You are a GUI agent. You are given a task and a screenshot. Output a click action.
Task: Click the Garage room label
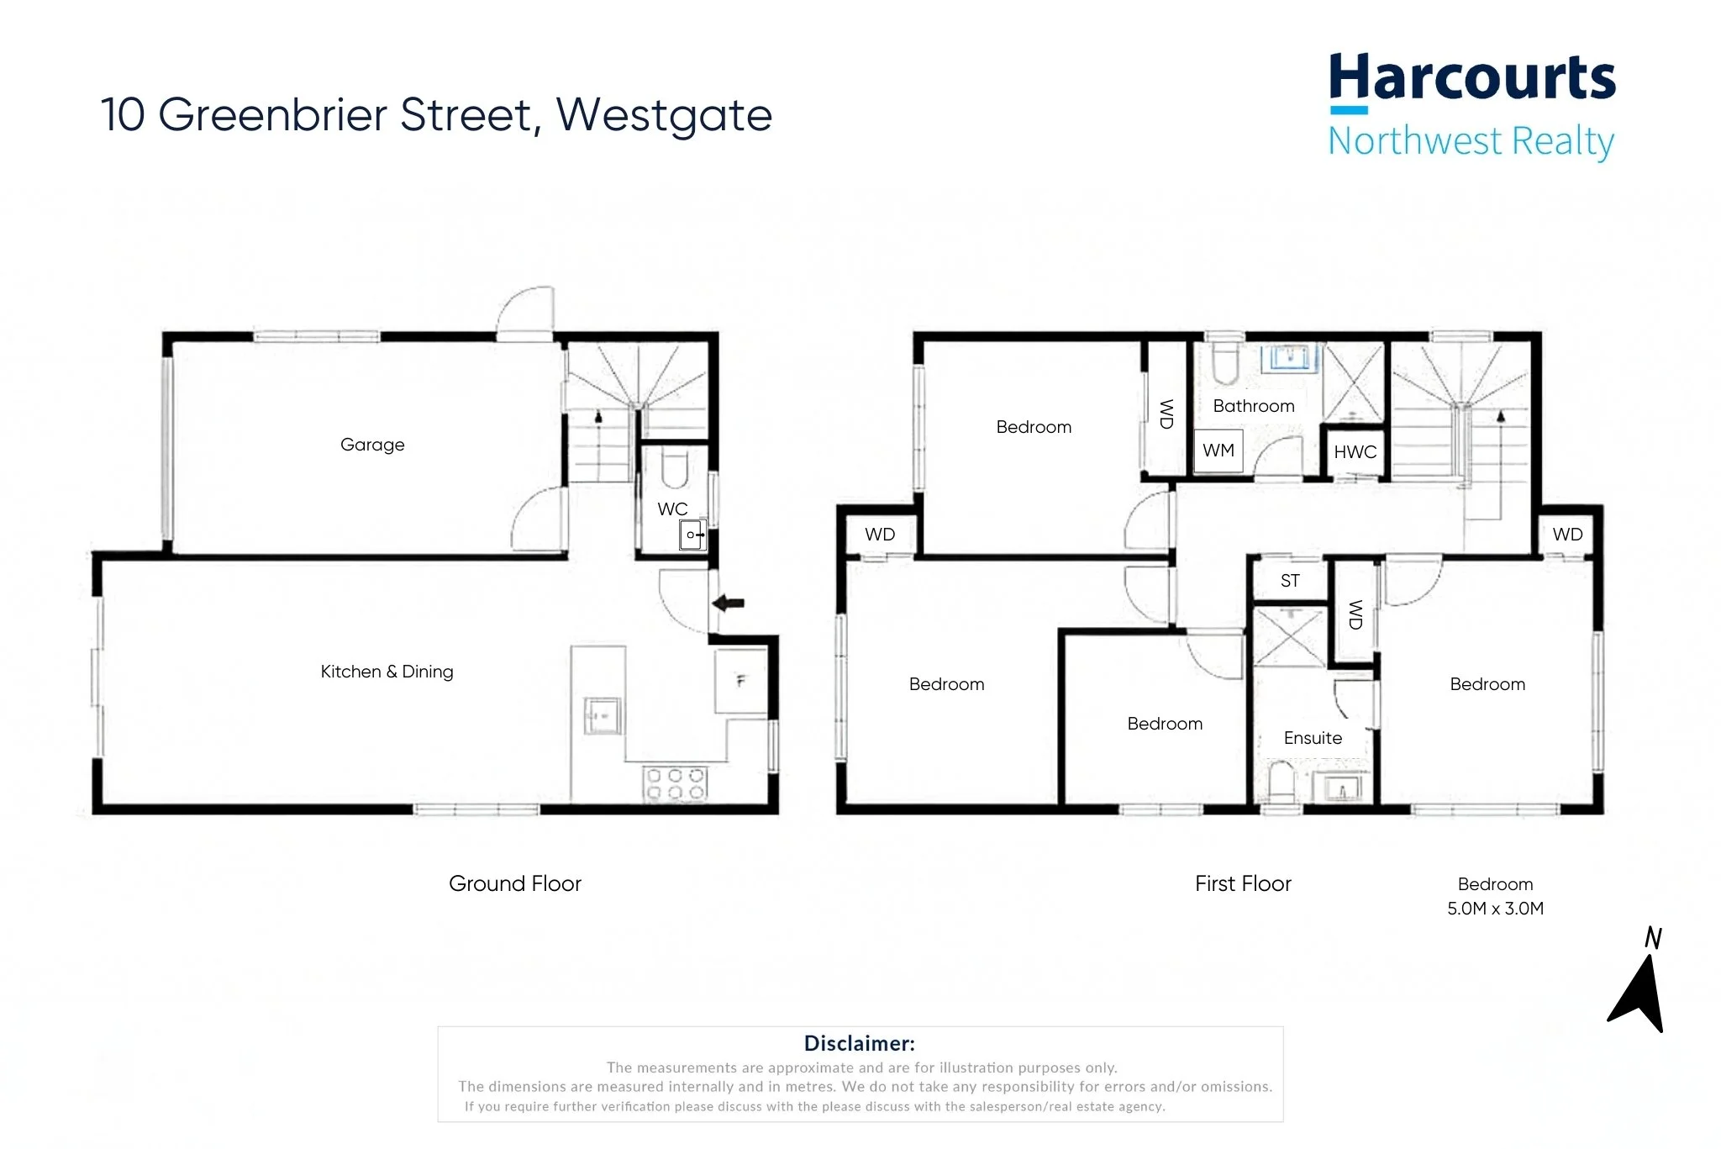[x=372, y=445]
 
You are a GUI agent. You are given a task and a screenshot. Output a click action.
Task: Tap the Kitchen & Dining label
[x=387, y=672]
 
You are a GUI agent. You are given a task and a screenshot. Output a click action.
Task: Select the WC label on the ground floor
[x=672, y=509]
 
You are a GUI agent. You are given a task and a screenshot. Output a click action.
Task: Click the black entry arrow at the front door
[x=728, y=603]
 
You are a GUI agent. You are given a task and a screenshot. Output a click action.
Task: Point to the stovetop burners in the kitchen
[x=675, y=784]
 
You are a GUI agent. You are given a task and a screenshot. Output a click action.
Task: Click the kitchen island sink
[x=603, y=715]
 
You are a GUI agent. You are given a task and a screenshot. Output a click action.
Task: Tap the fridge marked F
[x=740, y=681]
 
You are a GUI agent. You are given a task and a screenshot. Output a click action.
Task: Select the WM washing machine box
[x=1218, y=451]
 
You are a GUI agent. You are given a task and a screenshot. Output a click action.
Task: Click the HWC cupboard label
[x=1355, y=452]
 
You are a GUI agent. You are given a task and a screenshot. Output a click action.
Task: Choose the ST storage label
[x=1290, y=581]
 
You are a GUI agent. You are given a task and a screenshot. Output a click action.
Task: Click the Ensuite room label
[x=1313, y=738]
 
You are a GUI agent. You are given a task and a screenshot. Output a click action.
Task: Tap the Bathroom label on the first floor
[x=1254, y=406]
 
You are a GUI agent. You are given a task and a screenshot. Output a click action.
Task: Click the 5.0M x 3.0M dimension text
[x=1496, y=909]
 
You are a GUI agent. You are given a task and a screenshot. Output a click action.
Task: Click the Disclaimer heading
[x=860, y=1043]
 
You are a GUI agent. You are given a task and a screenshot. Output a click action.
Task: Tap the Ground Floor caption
[x=515, y=883]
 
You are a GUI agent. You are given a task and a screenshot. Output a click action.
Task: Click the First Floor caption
[x=1243, y=883]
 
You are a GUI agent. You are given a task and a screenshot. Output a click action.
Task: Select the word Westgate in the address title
[x=664, y=116]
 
